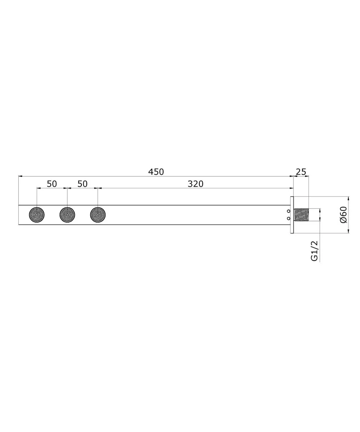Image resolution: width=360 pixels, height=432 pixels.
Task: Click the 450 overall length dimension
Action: [x=156, y=172]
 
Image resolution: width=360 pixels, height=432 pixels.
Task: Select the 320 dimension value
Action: [x=195, y=184]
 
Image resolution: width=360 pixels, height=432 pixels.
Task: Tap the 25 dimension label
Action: [x=301, y=172]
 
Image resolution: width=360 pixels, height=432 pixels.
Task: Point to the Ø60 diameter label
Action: [x=343, y=215]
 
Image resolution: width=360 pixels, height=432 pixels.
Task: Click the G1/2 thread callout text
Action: [x=314, y=251]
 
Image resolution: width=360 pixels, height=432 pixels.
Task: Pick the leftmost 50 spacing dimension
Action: [x=52, y=184]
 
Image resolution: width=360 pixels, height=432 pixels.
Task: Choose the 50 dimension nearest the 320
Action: [x=82, y=184]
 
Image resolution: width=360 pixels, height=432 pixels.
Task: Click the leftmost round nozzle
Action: [x=37, y=215]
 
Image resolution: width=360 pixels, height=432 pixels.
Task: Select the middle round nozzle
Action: [x=67, y=215]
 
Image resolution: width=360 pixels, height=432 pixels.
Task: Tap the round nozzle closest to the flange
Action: [x=98, y=215]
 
